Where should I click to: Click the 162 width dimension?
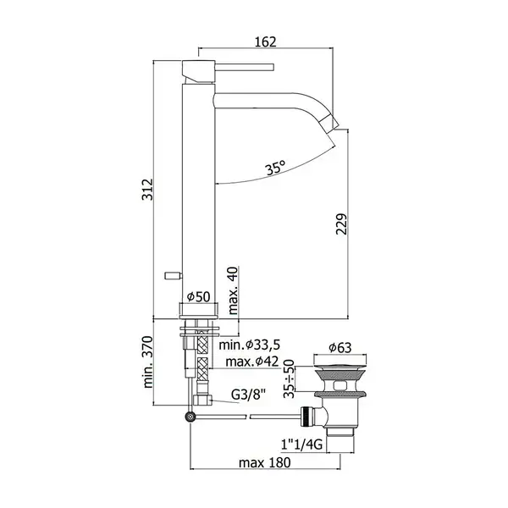(266, 41)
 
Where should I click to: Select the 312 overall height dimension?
(147, 189)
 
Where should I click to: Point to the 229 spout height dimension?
(341, 224)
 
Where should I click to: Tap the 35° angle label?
(276, 168)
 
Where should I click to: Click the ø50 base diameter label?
(199, 296)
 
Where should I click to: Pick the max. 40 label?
(233, 290)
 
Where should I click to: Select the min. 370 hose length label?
(147, 362)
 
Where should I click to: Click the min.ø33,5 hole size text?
(250, 345)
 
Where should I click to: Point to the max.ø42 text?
(252, 362)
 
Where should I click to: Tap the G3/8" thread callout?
(248, 395)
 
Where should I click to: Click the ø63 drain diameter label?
(340, 348)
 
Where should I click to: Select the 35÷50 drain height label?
(289, 378)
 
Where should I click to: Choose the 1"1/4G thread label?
(301, 444)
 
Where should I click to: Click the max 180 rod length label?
(265, 462)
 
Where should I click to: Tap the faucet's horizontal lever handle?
(245, 68)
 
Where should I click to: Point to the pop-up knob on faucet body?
(174, 275)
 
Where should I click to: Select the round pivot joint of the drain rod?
(190, 417)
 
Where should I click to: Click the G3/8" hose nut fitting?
(202, 400)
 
